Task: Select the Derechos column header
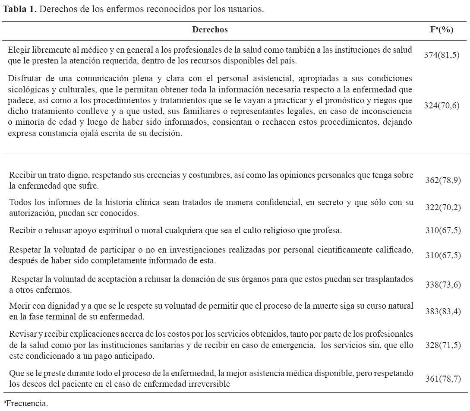(210, 29)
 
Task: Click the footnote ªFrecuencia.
(25, 404)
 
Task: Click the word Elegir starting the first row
(19, 50)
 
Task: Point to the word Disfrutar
(24, 79)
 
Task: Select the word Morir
(19, 306)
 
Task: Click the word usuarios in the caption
(246, 9)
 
